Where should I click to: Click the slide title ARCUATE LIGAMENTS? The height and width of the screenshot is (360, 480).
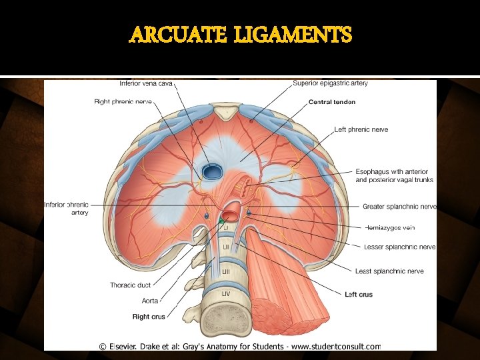(240, 34)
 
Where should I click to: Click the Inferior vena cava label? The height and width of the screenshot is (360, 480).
(146, 83)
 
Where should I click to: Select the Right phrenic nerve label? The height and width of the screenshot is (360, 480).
(123, 102)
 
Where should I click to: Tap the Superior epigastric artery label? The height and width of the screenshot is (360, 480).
(330, 83)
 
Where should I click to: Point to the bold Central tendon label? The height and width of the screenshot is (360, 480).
(332, 102)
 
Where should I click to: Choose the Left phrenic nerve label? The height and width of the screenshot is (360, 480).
(361, 129)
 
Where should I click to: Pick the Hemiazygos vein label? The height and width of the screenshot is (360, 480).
(390, 227)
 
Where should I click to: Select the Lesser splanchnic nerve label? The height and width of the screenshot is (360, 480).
(399, 247)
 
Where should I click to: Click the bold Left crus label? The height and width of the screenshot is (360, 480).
(359, 294)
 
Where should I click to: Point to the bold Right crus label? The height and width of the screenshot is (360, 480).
(149, 317)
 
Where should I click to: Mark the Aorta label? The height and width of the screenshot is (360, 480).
(150, 301)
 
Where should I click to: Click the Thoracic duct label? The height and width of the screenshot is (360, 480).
(130, 285)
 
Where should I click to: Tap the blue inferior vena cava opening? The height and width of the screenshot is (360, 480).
(213, 172)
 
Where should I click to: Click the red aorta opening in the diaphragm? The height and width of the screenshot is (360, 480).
(231, 215)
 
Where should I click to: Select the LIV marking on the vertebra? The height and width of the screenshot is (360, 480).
(226, 293)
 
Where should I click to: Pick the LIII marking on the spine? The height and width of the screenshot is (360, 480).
(225, 271)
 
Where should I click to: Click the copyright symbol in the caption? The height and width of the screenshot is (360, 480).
(103, 346)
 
